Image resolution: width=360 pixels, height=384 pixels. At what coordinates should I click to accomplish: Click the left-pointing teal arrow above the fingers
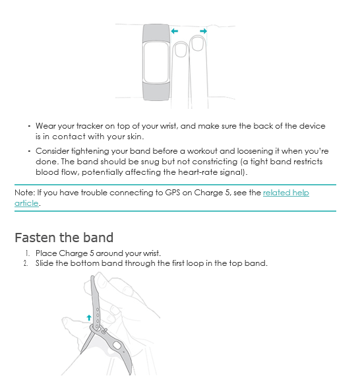[x=175, y=31]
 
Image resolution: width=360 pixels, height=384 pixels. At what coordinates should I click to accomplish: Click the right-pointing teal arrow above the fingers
[x=203, y=31]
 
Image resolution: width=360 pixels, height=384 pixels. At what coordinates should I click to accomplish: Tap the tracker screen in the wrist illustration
[x=156, y=63]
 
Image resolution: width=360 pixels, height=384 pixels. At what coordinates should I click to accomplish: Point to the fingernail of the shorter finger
[x=181, y=50]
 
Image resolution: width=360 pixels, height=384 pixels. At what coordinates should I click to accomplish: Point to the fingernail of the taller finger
[x=198, y=44]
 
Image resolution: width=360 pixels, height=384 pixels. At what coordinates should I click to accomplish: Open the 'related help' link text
[x=286, y=193]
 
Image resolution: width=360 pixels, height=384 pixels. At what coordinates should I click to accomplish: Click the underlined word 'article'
[x=26, y=203]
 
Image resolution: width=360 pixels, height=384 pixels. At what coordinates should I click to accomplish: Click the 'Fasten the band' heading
[x=64, y=238]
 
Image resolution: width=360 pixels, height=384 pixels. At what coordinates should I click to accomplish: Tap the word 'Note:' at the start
[x=24, y=193]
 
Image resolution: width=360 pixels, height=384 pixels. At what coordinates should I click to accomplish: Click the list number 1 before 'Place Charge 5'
[x=28, y=253]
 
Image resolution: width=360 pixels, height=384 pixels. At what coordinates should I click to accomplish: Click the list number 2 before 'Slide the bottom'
[x=26, y=263]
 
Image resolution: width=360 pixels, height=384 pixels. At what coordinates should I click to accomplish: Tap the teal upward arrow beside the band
[x=89, y=317]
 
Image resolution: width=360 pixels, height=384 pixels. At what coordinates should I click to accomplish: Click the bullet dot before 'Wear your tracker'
[x=29, y=126]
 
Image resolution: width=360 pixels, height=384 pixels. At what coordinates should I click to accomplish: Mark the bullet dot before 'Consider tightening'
[x=29, y=151]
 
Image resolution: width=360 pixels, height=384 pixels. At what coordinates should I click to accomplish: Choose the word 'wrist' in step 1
[x=152, y=253]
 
